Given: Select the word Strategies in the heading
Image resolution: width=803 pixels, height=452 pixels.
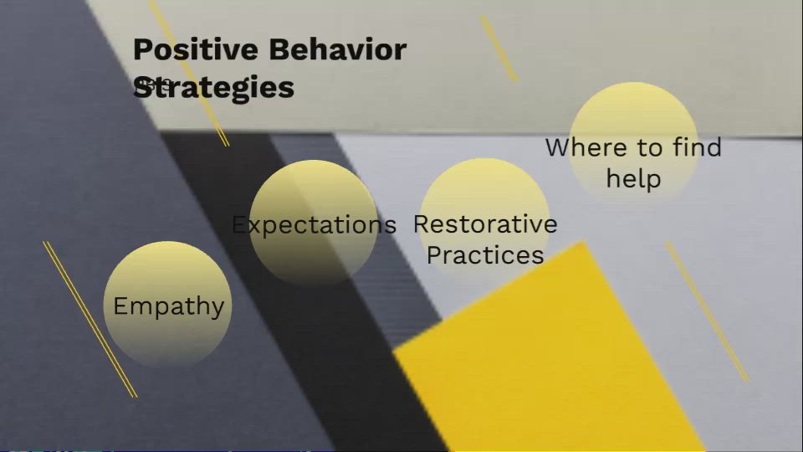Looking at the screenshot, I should click(214, 87).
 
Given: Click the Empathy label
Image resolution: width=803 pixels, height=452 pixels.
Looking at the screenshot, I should click(168, 306).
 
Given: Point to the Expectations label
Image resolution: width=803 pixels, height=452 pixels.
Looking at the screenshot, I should click(314, 225).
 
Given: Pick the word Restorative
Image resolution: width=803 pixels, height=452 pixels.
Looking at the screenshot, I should click(485, 224).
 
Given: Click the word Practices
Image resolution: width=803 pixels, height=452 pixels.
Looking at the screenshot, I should click(485, 255).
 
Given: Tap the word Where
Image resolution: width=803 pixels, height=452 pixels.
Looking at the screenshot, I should click(586, 148).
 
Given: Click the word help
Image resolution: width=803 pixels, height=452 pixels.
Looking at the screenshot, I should click(633, 179).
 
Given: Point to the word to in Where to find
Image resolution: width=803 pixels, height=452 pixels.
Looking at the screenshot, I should click(649, 148).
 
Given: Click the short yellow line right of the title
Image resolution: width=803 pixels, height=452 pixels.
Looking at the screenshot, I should click(499, 49).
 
